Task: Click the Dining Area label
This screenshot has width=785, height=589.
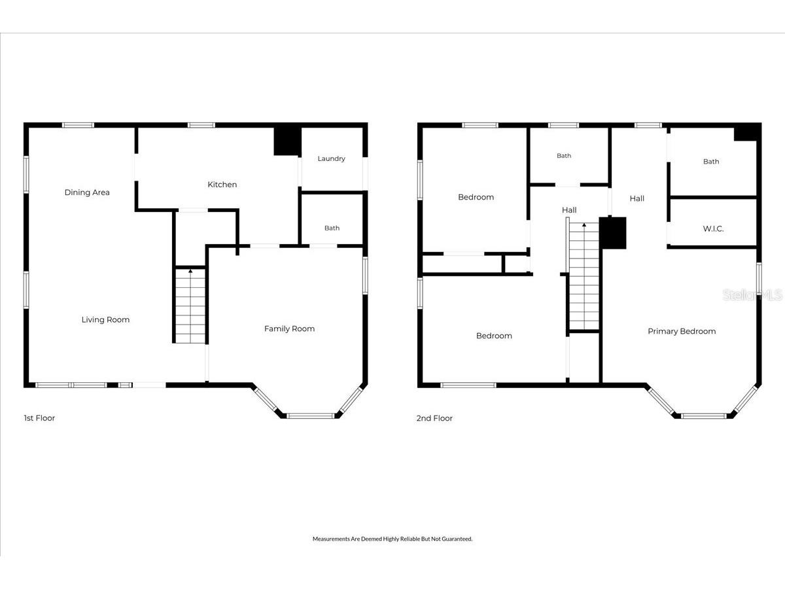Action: (x=87, y=192)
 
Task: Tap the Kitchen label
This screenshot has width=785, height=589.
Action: (x=222, y=185)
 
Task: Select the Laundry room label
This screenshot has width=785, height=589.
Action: (x=331, y=158)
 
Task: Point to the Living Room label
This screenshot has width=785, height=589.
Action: (x=105, y=320)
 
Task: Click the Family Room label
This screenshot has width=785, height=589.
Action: (x=289, y=329)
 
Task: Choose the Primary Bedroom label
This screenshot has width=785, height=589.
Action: (x=682, y=332)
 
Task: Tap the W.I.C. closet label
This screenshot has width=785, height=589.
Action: (x=713, y=229)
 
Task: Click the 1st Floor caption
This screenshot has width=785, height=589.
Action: (x=39, y=418)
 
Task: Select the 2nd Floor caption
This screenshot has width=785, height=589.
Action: (x=434, y=418)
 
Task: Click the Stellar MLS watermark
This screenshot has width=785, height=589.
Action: (x=752, y=295)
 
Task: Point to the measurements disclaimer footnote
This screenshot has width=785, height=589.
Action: (x=392, y=539)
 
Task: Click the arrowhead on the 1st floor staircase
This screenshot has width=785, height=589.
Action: (x=190, y=271)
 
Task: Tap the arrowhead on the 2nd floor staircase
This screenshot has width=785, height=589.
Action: (x=584, y=225)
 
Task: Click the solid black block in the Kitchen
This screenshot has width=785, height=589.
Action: (x=287, y=141)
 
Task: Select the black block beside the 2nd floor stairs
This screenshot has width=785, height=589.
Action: (x=613, y=233)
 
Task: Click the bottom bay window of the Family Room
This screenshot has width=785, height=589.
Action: (x=311, y=416)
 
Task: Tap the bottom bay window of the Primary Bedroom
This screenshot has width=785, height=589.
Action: (x=704, y=416)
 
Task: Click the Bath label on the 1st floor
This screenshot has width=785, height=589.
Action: (x=332, y=228)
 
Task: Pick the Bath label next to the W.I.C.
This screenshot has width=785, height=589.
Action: (x=711, y=162)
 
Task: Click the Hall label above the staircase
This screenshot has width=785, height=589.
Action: (x=569, y=210)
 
